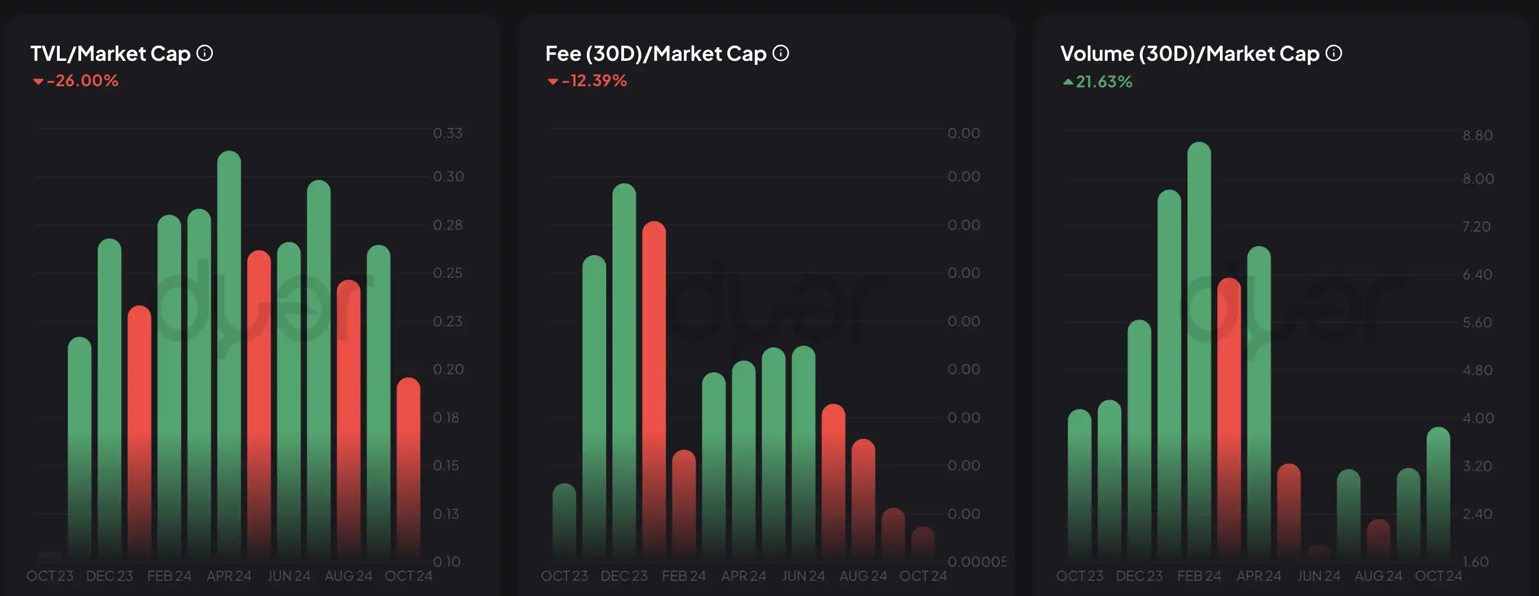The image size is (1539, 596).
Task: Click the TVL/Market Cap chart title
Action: point(110,54)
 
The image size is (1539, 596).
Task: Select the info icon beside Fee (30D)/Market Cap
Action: point(781,53)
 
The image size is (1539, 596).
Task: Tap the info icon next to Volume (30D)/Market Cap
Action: point(1334,53)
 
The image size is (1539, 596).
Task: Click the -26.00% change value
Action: point(82,81)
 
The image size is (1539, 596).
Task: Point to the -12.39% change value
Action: point(594,81)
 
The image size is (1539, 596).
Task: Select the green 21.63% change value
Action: point(1103,82)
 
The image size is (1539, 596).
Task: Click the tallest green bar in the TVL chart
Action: point(229,352)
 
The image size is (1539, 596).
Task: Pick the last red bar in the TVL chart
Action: point(409,466)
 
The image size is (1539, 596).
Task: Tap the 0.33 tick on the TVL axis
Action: point(448,133)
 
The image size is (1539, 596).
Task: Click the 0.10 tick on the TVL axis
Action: point(446,562)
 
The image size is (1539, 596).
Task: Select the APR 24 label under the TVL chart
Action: point(229,576)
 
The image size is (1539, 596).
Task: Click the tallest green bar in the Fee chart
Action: point(624,370)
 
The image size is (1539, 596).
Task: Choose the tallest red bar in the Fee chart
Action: point(654,388)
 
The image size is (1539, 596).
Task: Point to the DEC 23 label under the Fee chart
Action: point(623,576)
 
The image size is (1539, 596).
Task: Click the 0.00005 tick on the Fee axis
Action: point(976,562)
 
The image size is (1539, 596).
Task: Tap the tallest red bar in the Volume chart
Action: point(1229,418)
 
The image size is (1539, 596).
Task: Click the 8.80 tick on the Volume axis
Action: point(1478,136)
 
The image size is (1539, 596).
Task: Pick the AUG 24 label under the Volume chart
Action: point(1378,576)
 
